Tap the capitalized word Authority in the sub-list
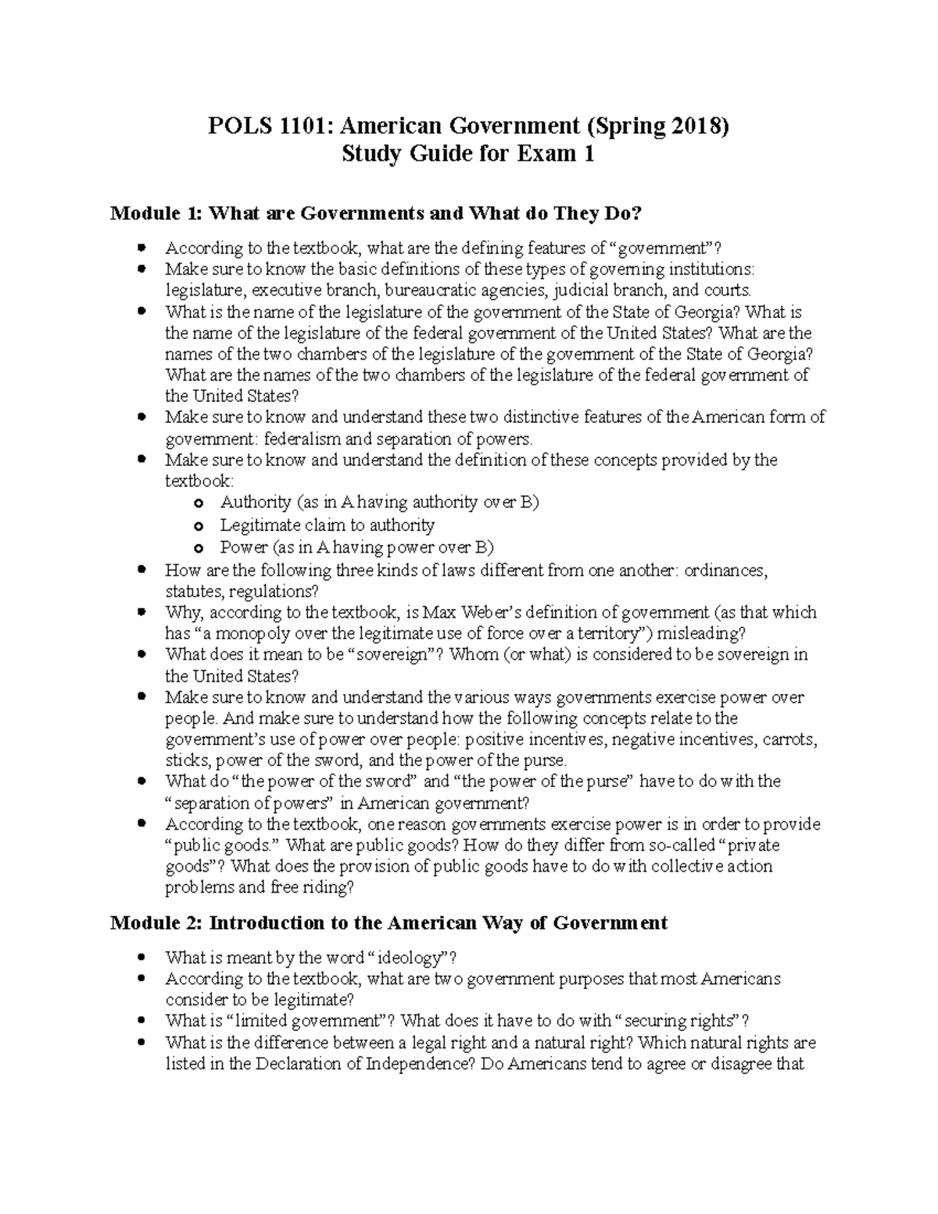(256, 502)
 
